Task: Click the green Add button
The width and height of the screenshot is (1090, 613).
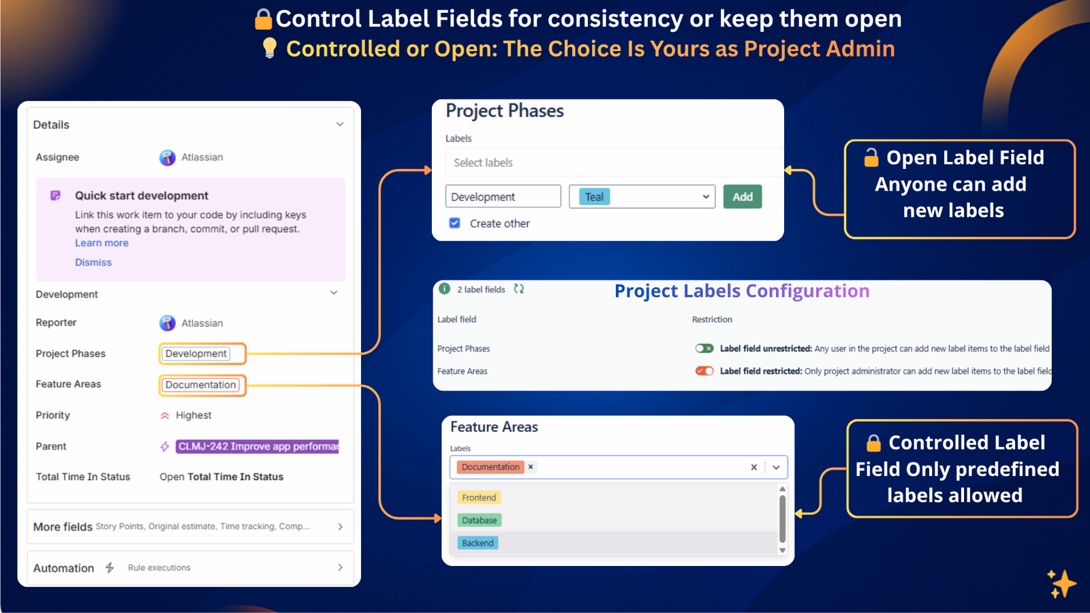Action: [x=742, y=197]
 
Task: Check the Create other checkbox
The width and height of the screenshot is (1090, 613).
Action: [x=454, y=223]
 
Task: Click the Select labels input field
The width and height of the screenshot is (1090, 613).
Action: [x=613, y=163]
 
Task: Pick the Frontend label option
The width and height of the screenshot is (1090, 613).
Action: [x=479, y=498]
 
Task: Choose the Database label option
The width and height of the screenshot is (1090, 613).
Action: [x=479, y=520]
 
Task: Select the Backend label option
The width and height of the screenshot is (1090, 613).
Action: [x=478, y=543]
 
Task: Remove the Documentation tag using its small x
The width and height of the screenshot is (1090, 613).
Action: [x=531, y=467]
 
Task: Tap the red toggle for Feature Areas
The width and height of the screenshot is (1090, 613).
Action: [x=704, y=371]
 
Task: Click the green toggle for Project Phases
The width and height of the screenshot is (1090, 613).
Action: [x=704, y=348]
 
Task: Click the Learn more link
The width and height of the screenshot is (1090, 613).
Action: [x=102, y=243]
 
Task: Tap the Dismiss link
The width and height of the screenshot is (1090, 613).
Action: [x=93, y=262]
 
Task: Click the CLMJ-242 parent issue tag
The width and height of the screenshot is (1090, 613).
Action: [x=257, y=446]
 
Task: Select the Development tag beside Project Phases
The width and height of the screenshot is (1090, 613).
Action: [x=196, y=353]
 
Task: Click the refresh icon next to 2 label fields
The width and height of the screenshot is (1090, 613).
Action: [x=519, y=289]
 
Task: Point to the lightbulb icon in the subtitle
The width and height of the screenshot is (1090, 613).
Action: [x=270, y=48]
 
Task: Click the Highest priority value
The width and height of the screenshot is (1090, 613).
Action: [x=193, y=415]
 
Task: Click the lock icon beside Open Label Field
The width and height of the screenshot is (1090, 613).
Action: [x=871, y=158]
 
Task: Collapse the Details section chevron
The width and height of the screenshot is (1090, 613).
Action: [x=339, y=125]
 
